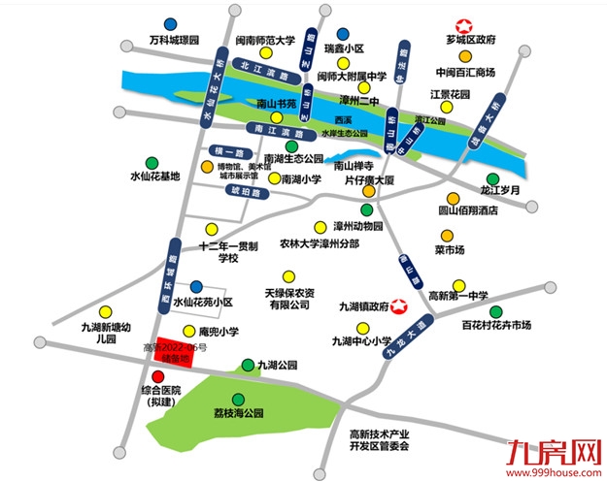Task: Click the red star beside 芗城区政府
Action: pos(463,28)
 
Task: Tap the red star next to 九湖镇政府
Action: pos(396,305)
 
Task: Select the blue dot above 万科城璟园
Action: pos(171,23)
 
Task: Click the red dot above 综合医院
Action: pos(158,376)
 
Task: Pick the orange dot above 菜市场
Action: pos(446,236)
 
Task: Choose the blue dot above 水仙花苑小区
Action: pos(196,286)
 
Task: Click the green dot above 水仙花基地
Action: pos(152,162)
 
